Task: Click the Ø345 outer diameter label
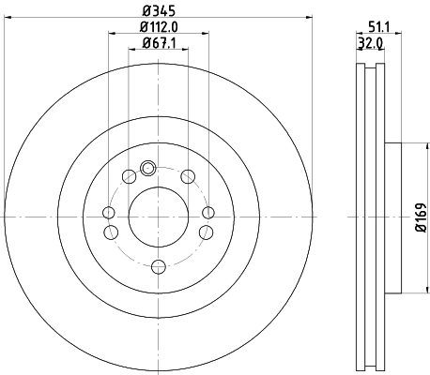pos(157,11)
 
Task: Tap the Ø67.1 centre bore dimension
pos(157,42)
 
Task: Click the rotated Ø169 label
pos(422,217)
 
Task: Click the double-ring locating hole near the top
pos(146,169)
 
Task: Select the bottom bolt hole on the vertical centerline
pos(157,266)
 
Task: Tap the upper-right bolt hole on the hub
pos(188,176)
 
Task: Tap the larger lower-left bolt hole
pos(111,232)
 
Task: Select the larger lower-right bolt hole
pos(204,232)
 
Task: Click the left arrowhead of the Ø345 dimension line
pos(6,20)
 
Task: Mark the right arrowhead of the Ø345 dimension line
pos(308,20)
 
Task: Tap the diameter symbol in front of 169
pos(422,232)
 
